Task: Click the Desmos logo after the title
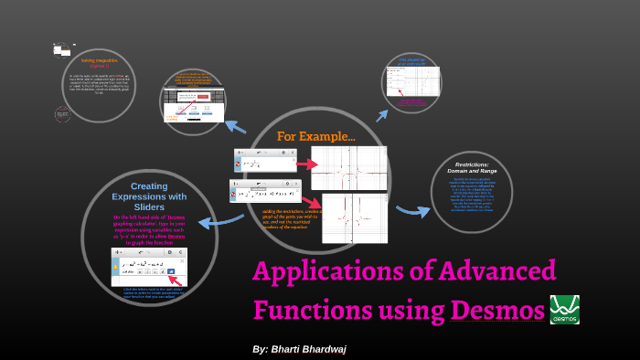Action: (x=564, y=310)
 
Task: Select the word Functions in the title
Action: (x=307, y=311)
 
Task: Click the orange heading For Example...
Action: (x=316, y=136)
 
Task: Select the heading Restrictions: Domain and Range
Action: (x=473, y=168)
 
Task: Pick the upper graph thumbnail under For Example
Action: (x=348, y=167)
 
